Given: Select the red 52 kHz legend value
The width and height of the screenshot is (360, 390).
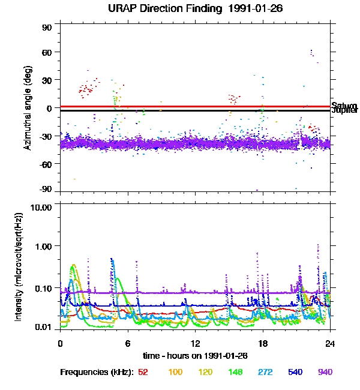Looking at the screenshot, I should point(143,373).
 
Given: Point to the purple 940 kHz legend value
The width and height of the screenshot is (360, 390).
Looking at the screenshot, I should point(325,373).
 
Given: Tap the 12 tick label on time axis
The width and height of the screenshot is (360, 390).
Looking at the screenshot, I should point(195,343).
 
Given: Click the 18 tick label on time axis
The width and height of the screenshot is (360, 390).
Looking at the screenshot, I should point(262,343).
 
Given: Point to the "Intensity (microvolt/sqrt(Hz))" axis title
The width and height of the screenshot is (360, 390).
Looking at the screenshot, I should point(19,267).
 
